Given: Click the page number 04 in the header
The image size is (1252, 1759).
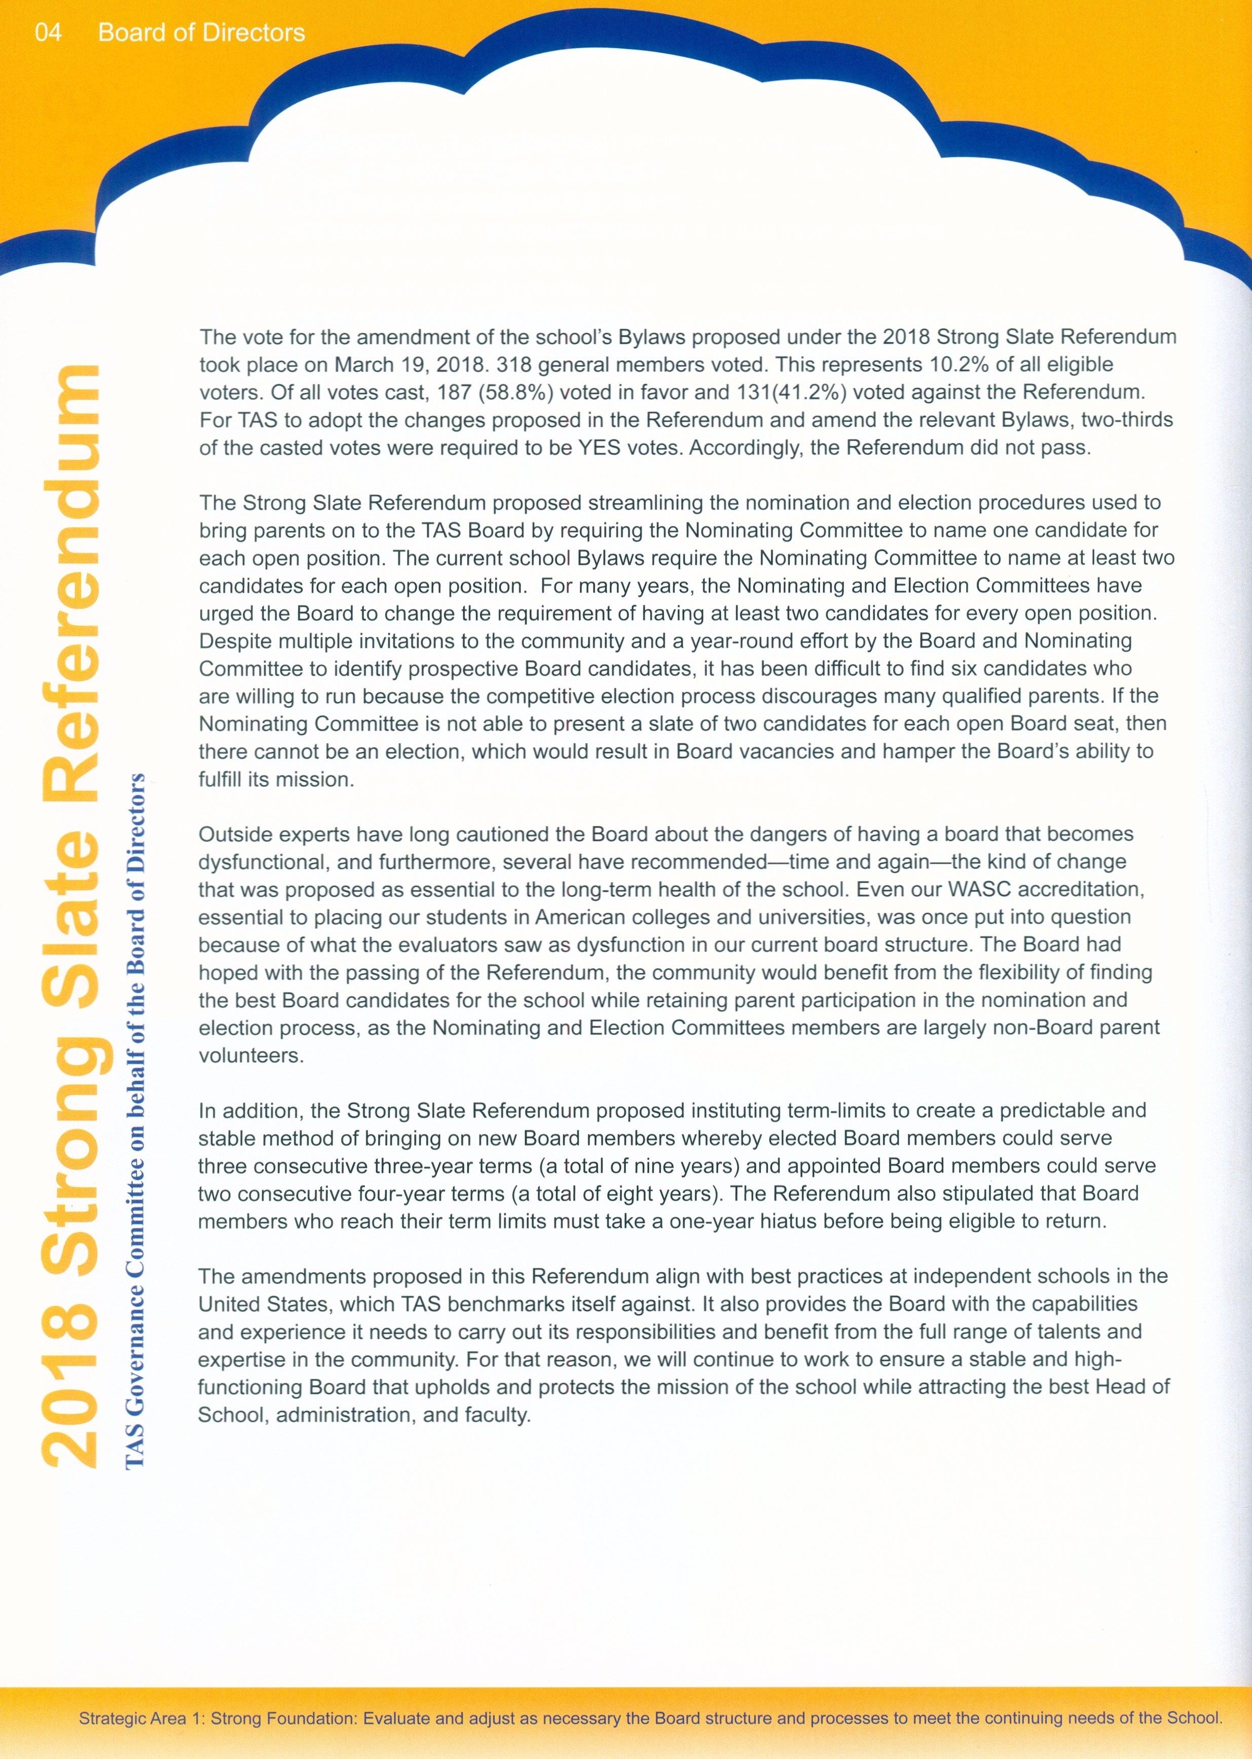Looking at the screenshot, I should pyautogui.click(x=48, y=32).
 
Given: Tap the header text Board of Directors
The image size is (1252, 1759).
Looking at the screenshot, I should pyautogui.click(x=201, y=32).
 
